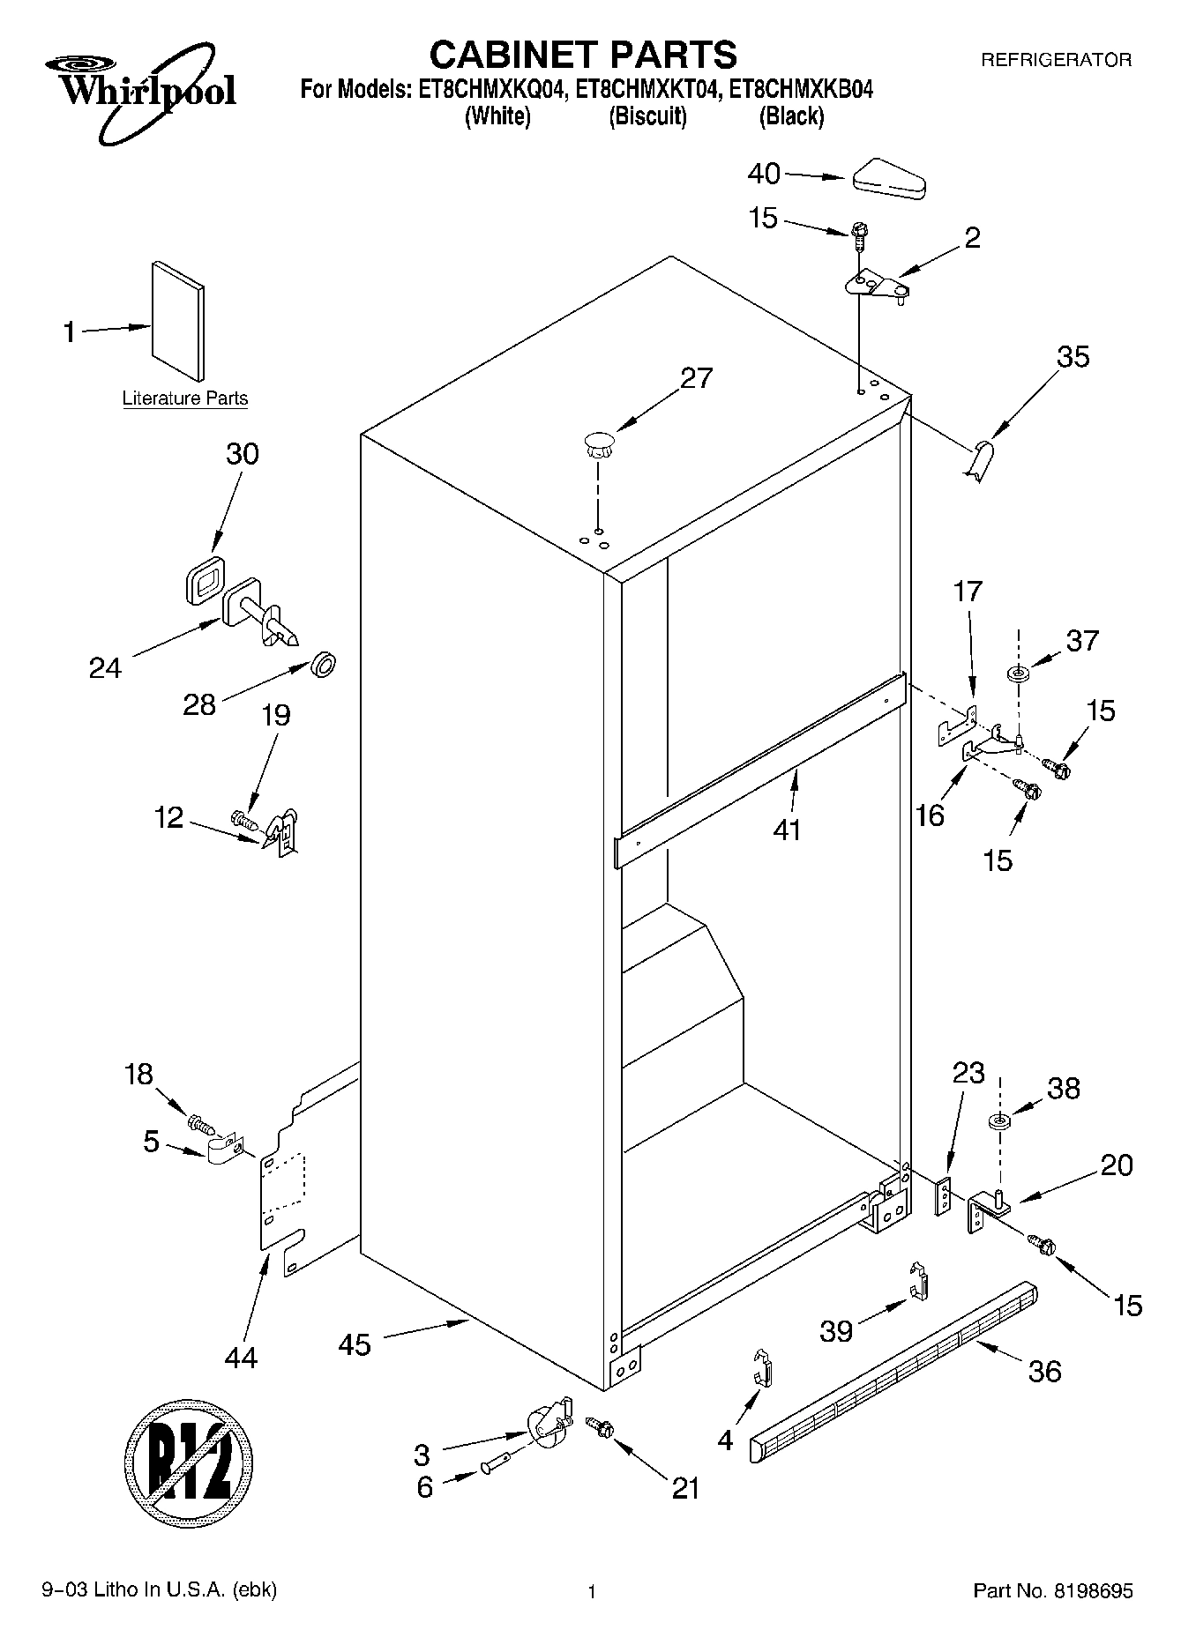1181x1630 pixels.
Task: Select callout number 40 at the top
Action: click(x=764, y=174)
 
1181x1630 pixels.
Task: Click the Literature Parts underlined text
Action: click(x=185, y=398)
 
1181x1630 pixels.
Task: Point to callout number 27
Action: click(x=696, y=377)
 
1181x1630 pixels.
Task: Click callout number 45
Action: click(x=355, y=1344)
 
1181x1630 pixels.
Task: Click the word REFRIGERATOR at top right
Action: click(x=1056, y=61)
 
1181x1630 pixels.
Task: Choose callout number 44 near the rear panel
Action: click(x=240, y=1358)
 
